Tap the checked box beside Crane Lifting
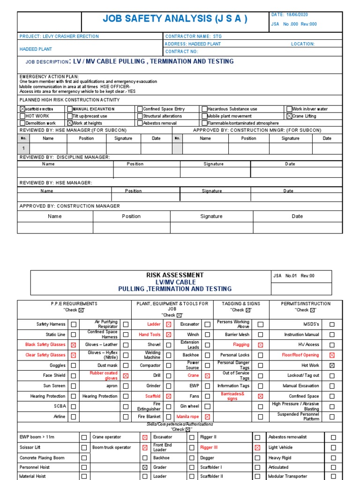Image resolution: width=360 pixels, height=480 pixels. point(289,116)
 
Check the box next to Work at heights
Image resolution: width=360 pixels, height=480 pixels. point(70,123)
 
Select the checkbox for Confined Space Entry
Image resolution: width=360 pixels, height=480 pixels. point(140,109)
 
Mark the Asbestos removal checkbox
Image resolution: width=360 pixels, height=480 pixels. point(140,123)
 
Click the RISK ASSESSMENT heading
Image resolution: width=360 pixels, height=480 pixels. point(175,275)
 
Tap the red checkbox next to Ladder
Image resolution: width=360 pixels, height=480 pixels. point(168,324)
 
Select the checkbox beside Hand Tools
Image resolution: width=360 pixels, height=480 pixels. point(168,335)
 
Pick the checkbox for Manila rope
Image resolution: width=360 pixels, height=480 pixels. point(207,417)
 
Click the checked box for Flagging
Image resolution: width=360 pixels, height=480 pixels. point(260,345)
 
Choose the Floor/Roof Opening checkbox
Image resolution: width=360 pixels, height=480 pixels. point(332,355)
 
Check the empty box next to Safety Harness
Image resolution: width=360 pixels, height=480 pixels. point(73,324)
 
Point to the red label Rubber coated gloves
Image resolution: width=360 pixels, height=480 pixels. point(104,375)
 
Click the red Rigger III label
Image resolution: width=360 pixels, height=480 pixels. point(209,448)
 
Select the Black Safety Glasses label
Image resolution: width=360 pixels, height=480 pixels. point(45,345)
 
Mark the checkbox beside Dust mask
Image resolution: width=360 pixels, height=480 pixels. point(126,365)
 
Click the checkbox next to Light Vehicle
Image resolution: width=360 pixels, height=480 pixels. point(333,448)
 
